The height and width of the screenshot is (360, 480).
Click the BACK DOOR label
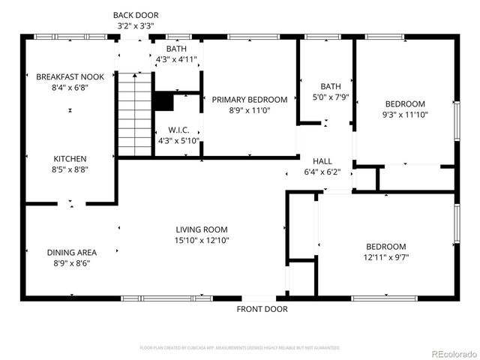coord(136,15)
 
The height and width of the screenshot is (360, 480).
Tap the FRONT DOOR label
coord(262,309)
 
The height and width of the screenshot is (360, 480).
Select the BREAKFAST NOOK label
coord(69,76)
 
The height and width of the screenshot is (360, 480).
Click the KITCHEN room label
coord(69,158)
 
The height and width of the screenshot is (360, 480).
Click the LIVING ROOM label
coord(202,229)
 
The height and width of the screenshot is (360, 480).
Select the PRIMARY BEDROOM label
coord(249,100)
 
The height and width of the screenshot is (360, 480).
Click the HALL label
coord(322,160)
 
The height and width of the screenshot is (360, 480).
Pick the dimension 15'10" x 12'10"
coord(202,241)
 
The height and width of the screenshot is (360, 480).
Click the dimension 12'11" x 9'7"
coord(385,257)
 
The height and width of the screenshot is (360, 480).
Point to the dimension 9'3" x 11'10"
coord(405,115)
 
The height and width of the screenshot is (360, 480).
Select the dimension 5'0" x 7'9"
coord(331,97)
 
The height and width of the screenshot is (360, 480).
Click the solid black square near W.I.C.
coord(162,101)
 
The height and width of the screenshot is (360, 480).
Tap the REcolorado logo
coord(451,353)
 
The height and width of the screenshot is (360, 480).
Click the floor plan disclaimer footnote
coord(240,348)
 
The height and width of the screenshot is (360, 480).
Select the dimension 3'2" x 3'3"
coord(136,26)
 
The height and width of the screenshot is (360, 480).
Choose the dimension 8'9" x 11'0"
coord(249,110)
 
